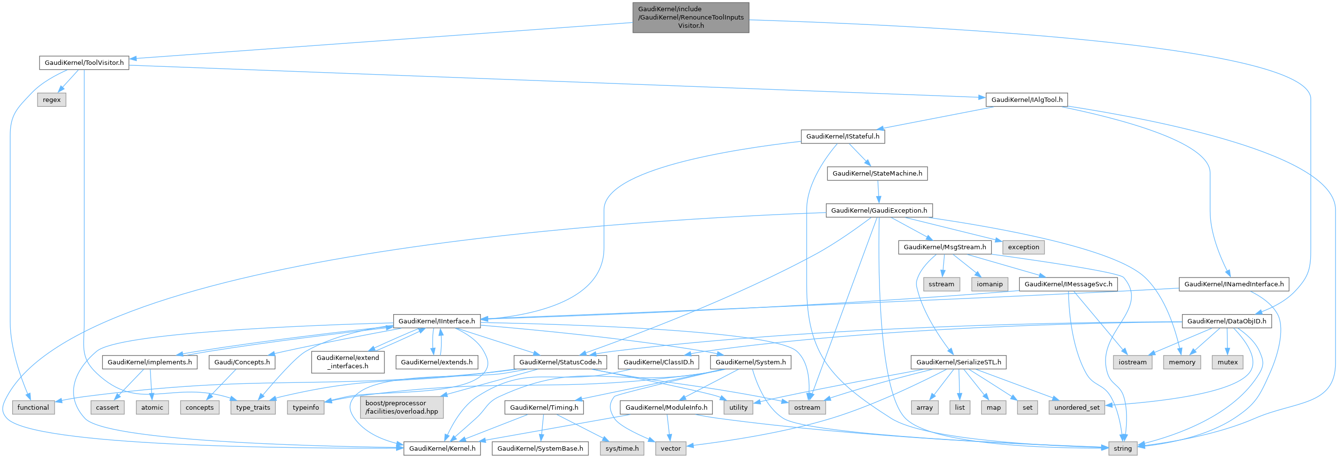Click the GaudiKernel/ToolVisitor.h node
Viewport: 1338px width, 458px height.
point(84,63)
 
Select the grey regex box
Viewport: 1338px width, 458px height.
point(52,100)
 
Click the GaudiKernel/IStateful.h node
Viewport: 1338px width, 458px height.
point(842,137)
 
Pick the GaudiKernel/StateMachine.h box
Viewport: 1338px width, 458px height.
point(877,174)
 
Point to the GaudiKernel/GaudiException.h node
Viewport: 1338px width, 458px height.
point(879,211)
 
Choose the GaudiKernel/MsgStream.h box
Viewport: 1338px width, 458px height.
point(944,247)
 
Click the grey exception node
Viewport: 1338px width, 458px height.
point(1023,247)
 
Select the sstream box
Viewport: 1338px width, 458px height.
point(941,284)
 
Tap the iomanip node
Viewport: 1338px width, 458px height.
point(990,284)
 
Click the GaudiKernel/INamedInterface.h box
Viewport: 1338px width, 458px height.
point(1234,284)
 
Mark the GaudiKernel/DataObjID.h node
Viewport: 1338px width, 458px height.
point(1226,321)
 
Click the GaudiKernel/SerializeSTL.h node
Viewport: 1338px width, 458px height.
point(958,362)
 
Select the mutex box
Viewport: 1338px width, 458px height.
point(1227,362)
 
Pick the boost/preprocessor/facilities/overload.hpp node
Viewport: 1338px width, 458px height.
point(401,407)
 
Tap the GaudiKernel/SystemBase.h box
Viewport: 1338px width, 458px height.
point(540,448)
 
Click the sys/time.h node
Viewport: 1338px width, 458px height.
point(622,448)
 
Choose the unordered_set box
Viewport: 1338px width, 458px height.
point(1077,408)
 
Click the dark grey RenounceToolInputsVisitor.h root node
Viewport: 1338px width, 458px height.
point(691,17)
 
